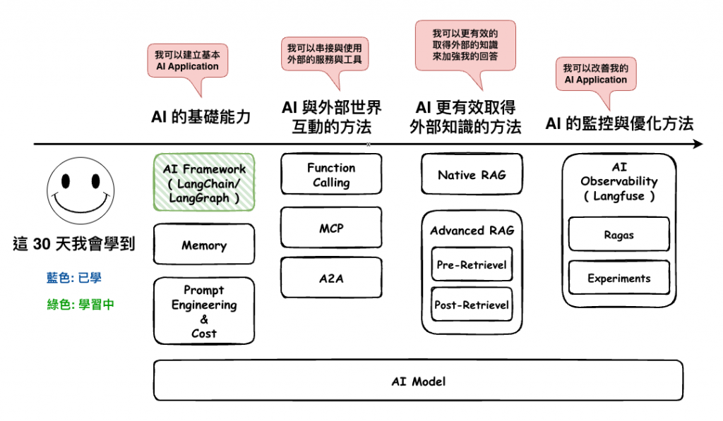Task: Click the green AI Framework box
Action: [x=204, y=183]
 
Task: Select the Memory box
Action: [x=204, y=244]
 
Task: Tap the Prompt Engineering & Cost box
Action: [x=204, y=311]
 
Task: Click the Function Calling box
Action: [x=331, y=174]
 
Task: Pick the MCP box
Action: [x=331, y=228]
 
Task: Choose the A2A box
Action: [x=331, y=278]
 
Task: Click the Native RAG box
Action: [x=472, y=174]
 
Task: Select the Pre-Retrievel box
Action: [x=472, y=264]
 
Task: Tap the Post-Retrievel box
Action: [x=472, y=305]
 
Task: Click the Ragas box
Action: [x=619, y=234]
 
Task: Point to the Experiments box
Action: [x=619, y=278]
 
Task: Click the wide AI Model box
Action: [x=418, y=381]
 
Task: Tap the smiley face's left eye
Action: [x=66, y=181]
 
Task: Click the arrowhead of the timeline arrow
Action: [x=698, y=144]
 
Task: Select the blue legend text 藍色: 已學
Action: [x=73, y=278]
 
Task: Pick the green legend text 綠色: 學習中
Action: [x=80, y=305]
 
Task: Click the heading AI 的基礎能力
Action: [x=201, y=116]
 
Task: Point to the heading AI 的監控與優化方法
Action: [x=619, y=123]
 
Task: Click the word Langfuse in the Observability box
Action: [x=619, y=196]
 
